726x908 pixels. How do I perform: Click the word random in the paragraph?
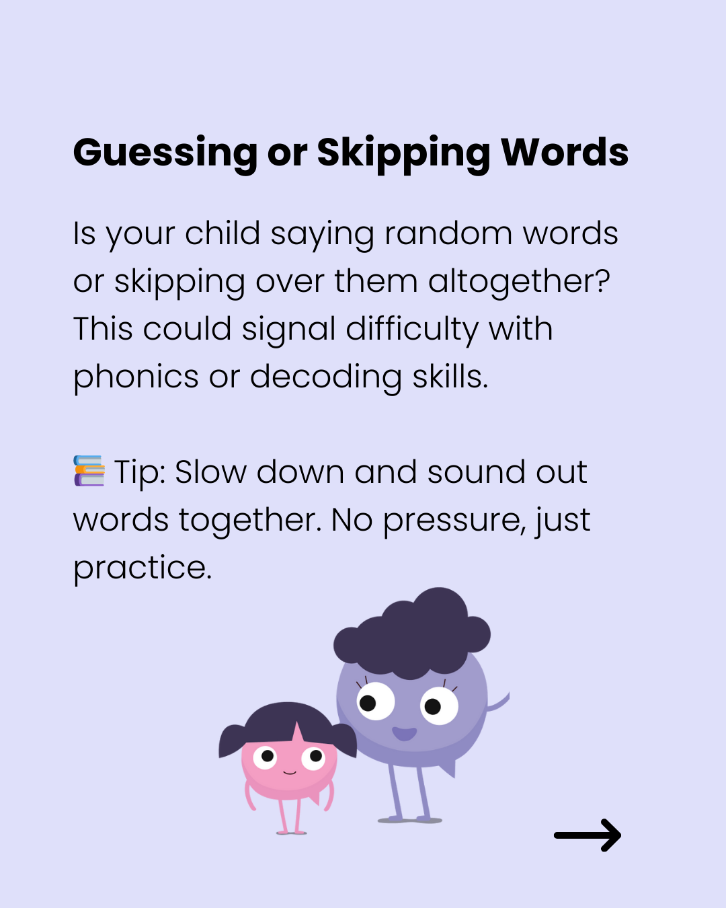[x=448, y=233]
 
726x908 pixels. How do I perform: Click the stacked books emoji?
[x=89, y=471]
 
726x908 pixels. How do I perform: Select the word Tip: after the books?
[x=140, y=474]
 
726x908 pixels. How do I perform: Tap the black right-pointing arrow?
[x=588, y=835]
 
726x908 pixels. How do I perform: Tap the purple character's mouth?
[x=405, y=734]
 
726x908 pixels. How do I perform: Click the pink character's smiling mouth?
[x=290, y=773]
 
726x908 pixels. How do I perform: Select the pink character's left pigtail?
[x=232, y=741]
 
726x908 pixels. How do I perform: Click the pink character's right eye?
[x=313, y=757]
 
